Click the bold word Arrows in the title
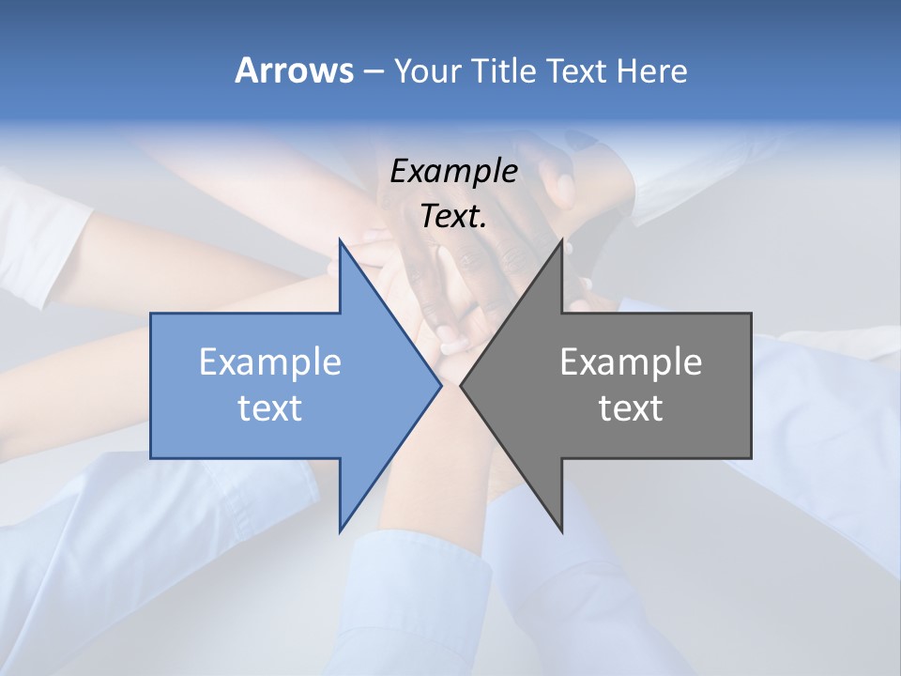[294, 70]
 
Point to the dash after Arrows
[373, 71]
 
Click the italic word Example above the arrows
[453, 171]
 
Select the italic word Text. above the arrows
[453, 216]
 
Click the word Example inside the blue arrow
[269, 362]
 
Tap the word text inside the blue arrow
[269, 408]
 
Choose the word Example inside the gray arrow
[631, 362]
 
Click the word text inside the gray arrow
[631, 408]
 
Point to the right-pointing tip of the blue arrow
[439, 386]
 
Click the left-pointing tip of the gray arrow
[462, 386]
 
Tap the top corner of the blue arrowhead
[341, 241]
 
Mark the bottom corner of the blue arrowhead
[341, 530]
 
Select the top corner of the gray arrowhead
[561, 241]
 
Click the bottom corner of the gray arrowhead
[561, 530]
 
